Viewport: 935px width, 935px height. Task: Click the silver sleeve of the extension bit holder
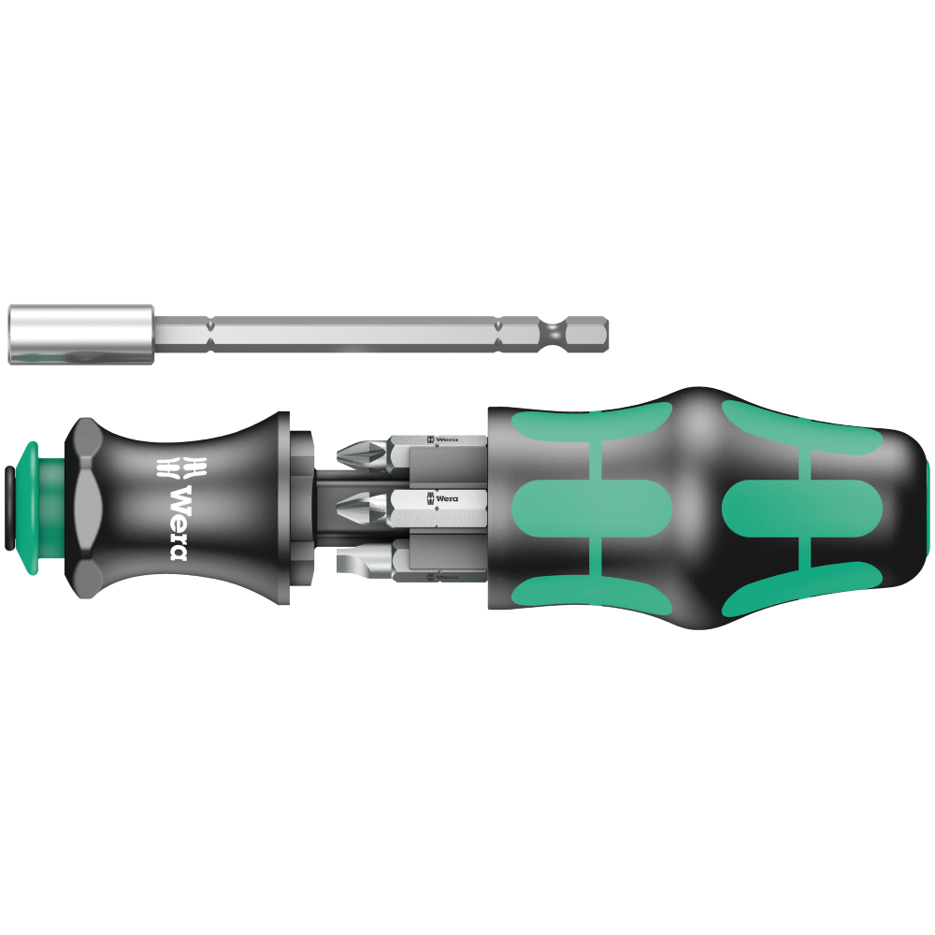pyautogui.click(x=81, y=335)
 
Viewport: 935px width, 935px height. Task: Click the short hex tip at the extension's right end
pyautogui.click(x=587, y=335)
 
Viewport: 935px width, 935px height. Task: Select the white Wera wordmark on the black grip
pyautogui.click(x=179, y=524)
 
